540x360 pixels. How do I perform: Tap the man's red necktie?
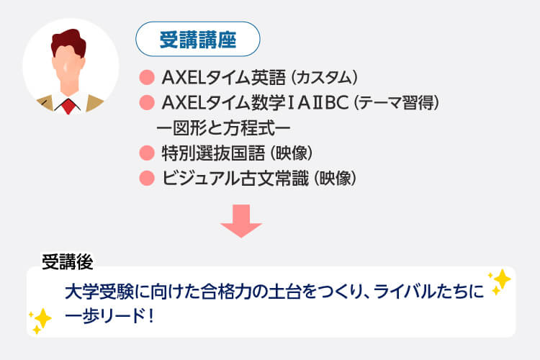click(68, 105)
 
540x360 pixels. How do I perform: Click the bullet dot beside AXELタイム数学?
click(147, 102)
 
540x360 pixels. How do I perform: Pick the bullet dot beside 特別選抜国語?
click(147, 152)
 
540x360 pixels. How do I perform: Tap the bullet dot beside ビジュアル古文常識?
click(147, 177)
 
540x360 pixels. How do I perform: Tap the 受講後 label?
click(66, 261)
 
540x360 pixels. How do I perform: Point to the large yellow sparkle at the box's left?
click(41, 318)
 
